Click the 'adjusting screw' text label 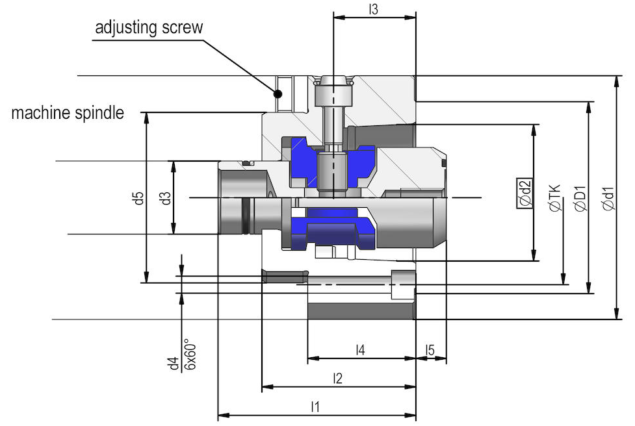[x=149, y=27]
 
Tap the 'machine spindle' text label [x=68, y=113]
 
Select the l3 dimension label [x=373, y=9]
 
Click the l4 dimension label [x=360, y=349]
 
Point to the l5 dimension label [x=430, y=349]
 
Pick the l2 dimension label [x=337, y=378]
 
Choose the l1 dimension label [x=315, y=406]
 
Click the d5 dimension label [x=139, y=198]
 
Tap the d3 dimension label [x=166, y=198]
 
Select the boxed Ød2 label [x=525, y=193]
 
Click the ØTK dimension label [x=555, y=198]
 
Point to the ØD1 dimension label [x=580, y=198]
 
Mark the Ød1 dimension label [x=608, y=198]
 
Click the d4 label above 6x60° [x=174, y=363]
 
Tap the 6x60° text [x=190, y=355]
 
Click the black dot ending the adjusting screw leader [x=278, y=94]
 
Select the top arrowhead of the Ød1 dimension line [x=616, y=81]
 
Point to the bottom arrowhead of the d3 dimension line [x=174, y=229]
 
